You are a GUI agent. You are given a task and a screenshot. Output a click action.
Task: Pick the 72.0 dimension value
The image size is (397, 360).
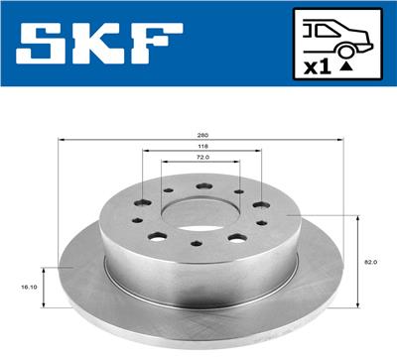coord(203,158)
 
